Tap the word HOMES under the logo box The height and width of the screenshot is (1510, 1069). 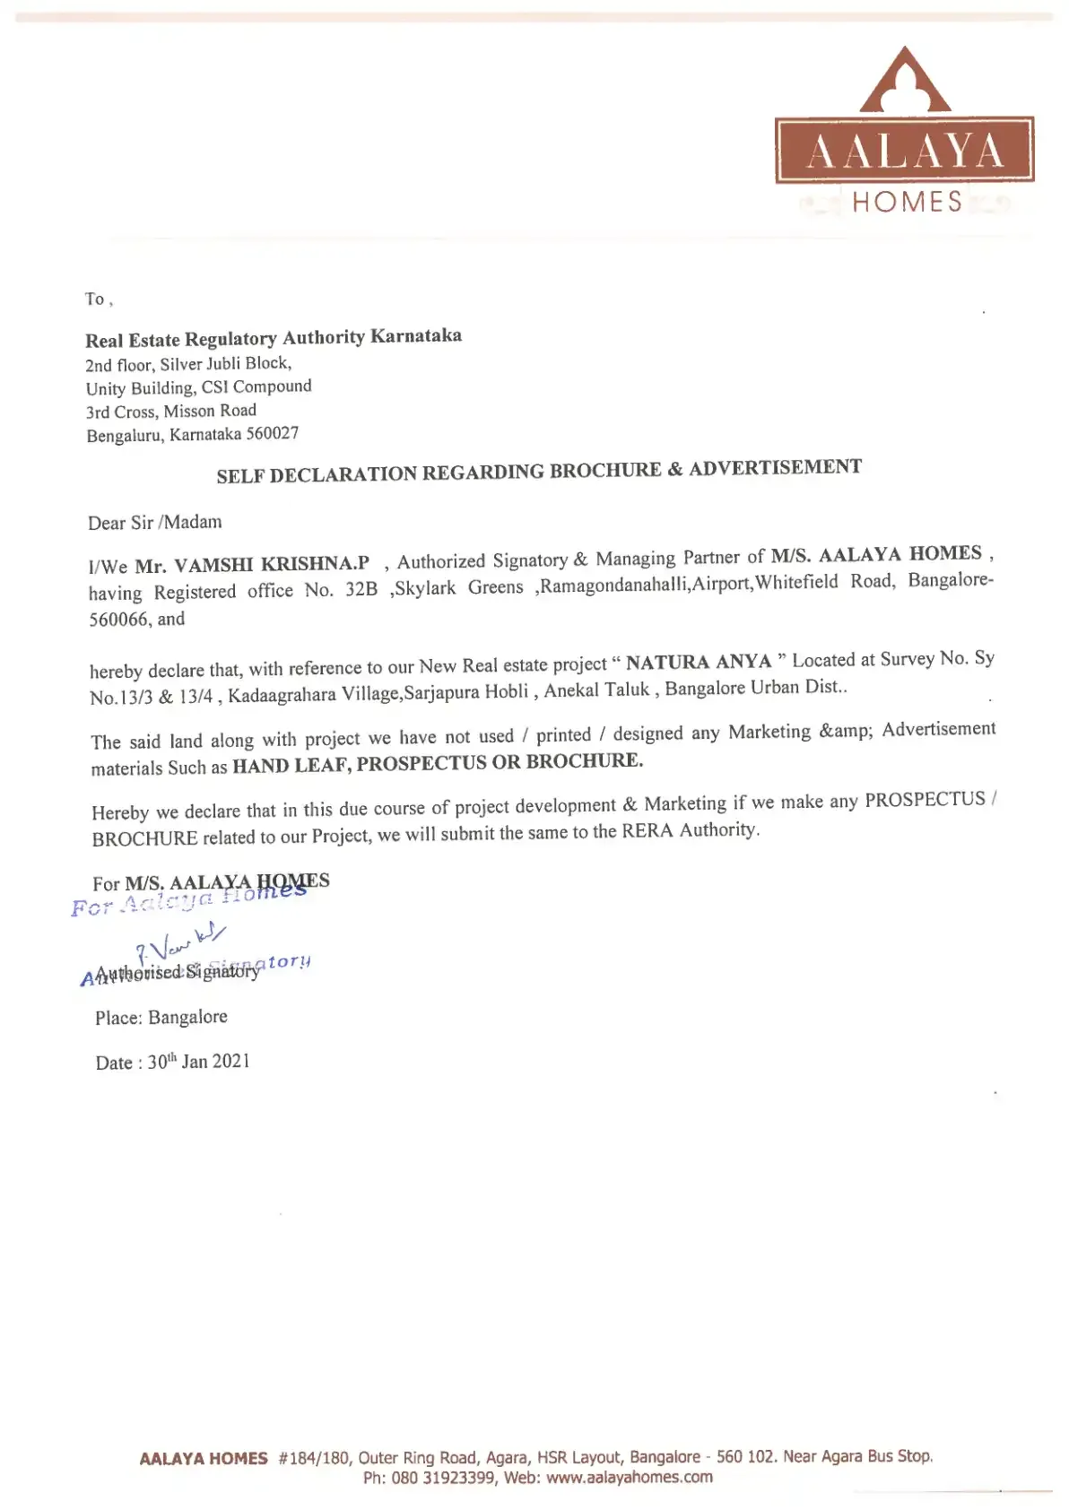(x=907, y=203)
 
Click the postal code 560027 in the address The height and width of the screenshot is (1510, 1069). (x=272, y=434)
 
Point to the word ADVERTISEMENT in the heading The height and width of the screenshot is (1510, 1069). (x=775, y=467)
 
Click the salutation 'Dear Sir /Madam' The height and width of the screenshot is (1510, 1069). (x=154, y=522)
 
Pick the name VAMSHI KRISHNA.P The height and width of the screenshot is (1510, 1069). (x=271, y=564)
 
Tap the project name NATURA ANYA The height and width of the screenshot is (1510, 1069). (x=699, y=662)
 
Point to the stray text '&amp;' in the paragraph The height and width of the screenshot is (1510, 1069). (x=844, y=731)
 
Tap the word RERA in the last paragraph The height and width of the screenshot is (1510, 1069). (x=647, y=831)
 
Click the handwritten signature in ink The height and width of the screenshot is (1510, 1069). (x=180, y=942)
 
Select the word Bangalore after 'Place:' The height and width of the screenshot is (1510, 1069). (x=187, y=1017)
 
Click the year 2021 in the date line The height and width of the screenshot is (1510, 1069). (x=231, y=1062)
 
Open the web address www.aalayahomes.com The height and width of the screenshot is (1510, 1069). (x=629, y=1477)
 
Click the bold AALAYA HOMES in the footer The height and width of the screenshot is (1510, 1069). (x=204, y=1458)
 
